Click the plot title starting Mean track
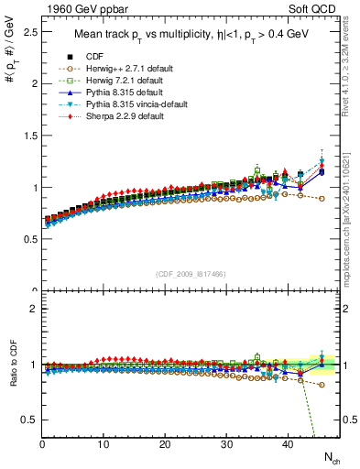pyautogui.click(x=190, y=36)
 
